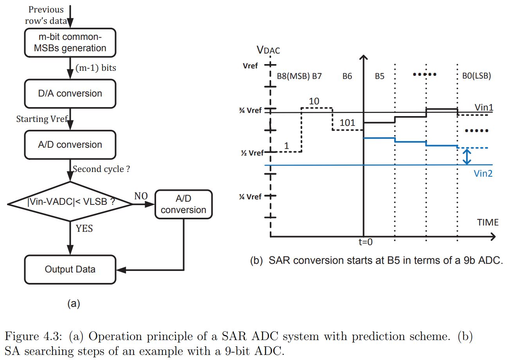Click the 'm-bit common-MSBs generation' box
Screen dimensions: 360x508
pos(70,42)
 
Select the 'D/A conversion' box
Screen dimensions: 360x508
pos(70,93)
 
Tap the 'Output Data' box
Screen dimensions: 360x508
pos(70,269)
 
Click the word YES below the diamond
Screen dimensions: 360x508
pos(84,228)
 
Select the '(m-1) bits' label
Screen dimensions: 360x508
pos(95,68)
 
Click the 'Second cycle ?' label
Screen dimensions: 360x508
pos(101,170)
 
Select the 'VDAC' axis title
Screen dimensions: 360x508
pos(268,50)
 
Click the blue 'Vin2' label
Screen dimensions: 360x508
pos(483,174)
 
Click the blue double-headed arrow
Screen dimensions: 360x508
pos(466,156)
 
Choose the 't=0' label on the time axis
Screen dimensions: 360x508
pos(366,242)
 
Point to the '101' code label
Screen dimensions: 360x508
pos(347,123)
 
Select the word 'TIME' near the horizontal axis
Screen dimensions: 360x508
pos(488,222)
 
